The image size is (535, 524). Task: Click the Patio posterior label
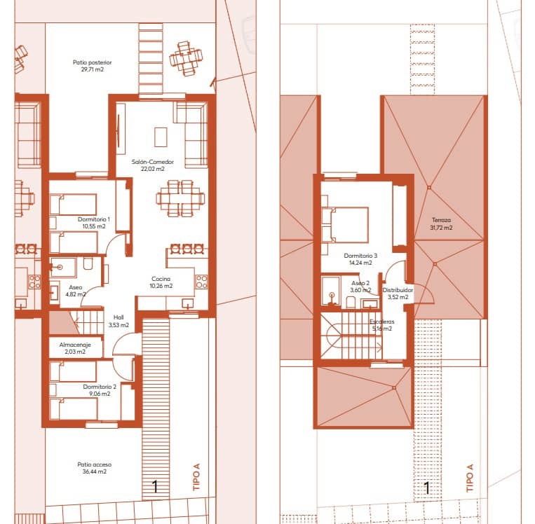coord(92,62)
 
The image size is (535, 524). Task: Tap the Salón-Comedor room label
coord(152,162)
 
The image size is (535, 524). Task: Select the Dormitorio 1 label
coord(93,219)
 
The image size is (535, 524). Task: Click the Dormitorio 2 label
coord(100,386)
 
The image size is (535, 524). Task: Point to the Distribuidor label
coord(398,289)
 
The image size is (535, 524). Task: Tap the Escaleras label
coord(383,322)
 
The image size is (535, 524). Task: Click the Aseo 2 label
coord(361,283)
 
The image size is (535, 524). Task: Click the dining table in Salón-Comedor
coord(176,198)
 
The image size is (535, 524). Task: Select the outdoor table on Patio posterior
coord(186,59)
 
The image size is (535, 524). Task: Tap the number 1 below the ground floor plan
coord(154,486)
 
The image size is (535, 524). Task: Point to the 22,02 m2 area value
coord(152,169)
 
